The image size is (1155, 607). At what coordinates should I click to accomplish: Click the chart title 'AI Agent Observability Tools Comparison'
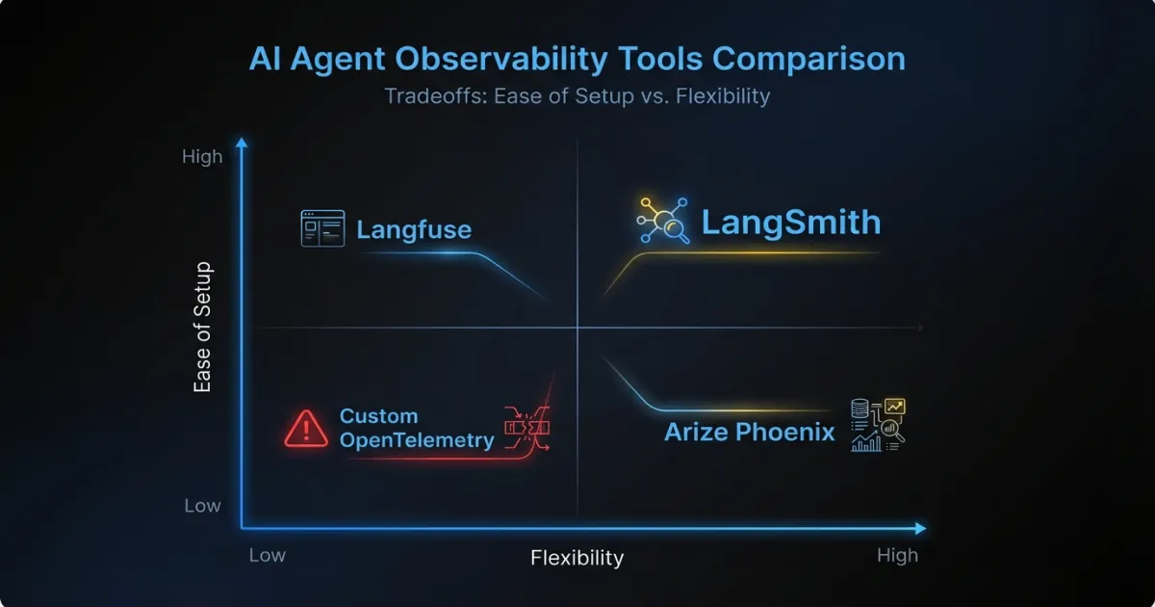pyautogui.click(x=577, y=59)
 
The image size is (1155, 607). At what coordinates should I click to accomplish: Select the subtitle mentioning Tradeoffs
pyautogui.click(x=577, y=96)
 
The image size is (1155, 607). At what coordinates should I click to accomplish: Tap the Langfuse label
pyautogui.click(x=414, y=230)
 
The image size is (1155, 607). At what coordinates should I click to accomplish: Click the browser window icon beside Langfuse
pyautogui.click(x=322, y=228)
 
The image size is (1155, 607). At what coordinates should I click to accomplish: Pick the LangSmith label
pyautogui.click(x=790, y=223)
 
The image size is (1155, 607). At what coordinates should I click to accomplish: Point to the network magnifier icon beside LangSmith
pyautogui.click(x=662, y=221)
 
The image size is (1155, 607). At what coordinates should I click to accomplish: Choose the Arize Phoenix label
pyautogui.click(x=750, y=431)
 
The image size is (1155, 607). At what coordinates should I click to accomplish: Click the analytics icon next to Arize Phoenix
pyautogui.click(x=878, y=425)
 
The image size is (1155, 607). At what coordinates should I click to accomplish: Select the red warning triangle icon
pyautogui.click(x=306, y=427)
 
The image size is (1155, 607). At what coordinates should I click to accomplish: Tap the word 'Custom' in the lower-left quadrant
pyautogui.click(x=378, y=416)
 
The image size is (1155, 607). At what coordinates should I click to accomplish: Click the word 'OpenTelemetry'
pyautogui.click(x=417, y=440)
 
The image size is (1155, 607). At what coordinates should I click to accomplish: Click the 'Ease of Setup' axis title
pyautogui.click(x=202, y=327)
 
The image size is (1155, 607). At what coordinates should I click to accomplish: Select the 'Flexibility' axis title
pyautogui.click(x=577, y=558)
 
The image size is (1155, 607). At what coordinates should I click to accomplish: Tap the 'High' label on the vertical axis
pyautogui.click(x=202, y=156)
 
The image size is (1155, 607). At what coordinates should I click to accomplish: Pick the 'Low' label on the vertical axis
pyautogui.click(x=202, y=506)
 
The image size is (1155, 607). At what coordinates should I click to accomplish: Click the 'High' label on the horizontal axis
pyautogui.click(x=897, y=555)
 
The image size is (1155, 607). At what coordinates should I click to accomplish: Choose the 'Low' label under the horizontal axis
pyautogui.click(x=268, y=555)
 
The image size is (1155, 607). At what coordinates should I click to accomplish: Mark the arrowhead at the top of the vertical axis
pyautogui.click(x=242, y=143)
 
